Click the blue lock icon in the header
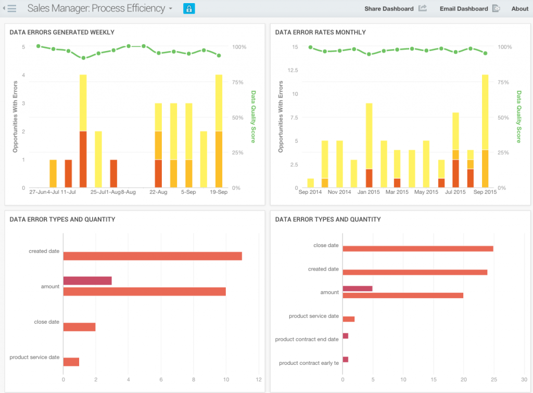(189, 8)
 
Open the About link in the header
(520, 8)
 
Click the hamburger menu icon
(11, 8)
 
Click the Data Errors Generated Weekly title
(62, 32)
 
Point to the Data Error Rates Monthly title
(320, 32)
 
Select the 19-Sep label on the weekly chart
(219, 192)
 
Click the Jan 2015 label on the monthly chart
(369, 192)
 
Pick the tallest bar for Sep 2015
(485, 131)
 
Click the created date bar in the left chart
(153, 256)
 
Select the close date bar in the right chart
(418, 249)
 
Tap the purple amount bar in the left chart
(87, 281)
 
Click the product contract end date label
(307, 339)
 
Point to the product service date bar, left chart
(71, 362)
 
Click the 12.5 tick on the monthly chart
(293, 70)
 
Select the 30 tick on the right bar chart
(524, 379)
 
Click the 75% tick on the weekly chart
(237, 82)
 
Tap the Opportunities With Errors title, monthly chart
(281, 117)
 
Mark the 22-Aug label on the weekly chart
(158, 192)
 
